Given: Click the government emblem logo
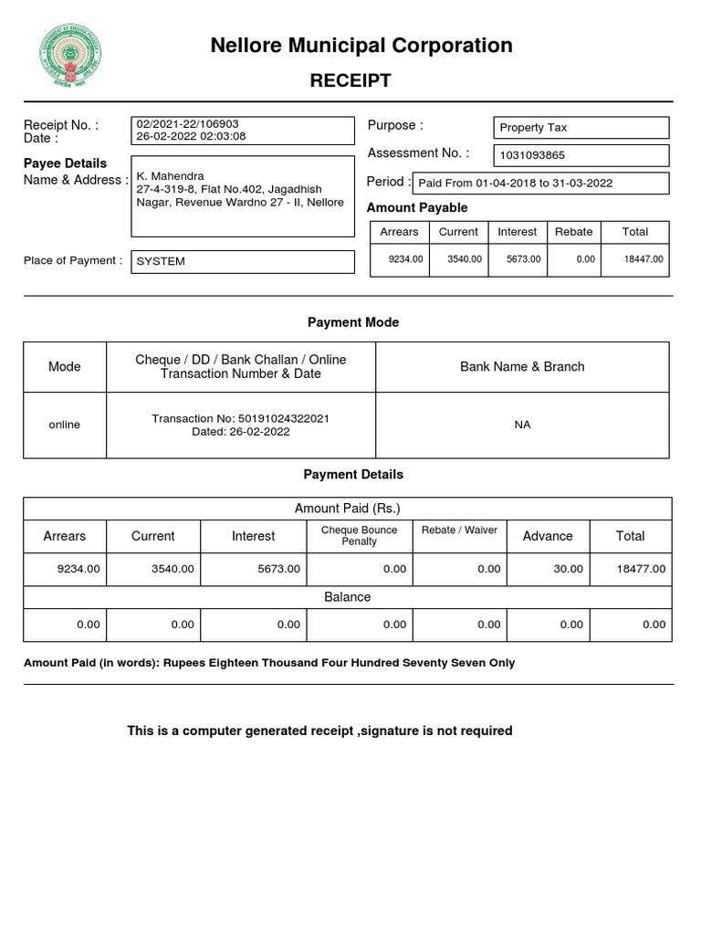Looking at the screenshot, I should [70, 55].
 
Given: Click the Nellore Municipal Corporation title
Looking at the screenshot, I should [361, 46].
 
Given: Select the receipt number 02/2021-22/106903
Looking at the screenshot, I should [188, 123].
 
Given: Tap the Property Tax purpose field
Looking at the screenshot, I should [534, 128].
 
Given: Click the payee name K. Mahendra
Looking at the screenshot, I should [171, 175].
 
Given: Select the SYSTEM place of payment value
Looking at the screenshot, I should [161, 261].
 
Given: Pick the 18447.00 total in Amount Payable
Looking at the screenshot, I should [643, 259].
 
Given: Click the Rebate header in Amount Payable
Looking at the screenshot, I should [574, 232].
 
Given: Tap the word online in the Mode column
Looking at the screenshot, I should [65, 425].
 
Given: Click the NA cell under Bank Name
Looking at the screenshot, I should [522, 425].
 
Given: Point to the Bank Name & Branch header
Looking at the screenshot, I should [522, 366].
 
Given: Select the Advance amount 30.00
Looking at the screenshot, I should [568, 569].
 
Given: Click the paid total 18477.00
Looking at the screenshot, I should [642, 569].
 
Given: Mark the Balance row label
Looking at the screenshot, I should [348, 597].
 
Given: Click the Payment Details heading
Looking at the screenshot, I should [353, 475].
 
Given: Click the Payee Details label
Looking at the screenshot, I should [65, 163].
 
